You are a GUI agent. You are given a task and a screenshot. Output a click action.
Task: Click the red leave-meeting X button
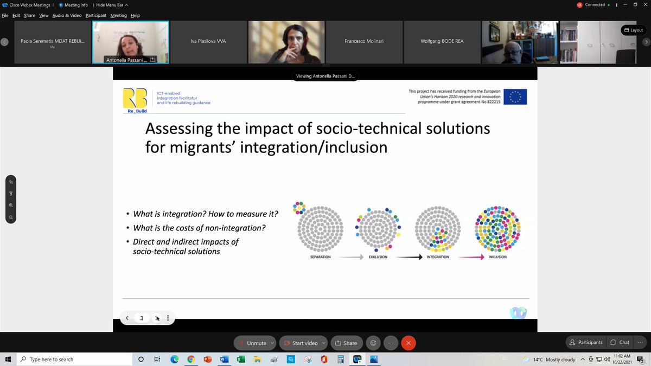(409, 343)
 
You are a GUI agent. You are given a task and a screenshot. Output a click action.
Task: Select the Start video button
(301, 343)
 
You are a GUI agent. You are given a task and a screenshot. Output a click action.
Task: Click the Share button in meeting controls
(346, 343)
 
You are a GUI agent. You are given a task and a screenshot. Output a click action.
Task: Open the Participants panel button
(585, 342)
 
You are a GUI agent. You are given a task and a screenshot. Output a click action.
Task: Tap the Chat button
(620, 342)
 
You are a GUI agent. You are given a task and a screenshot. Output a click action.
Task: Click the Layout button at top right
(633, 30)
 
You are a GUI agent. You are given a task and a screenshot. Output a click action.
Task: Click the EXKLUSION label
(378, 256)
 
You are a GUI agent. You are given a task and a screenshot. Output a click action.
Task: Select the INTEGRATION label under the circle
(437, 256)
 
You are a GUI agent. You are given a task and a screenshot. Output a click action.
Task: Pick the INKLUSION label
(497, 256)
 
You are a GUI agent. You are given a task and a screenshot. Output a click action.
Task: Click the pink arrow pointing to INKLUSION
(470, 257)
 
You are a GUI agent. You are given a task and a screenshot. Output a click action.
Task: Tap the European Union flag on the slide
(514, 97)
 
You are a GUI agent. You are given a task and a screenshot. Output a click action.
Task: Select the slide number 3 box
(142, 318)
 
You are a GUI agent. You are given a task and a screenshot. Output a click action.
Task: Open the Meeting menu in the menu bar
(118, 15)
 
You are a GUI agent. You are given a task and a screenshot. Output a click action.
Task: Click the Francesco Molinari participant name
(364, 41)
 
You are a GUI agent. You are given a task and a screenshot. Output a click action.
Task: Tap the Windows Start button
(8, 359)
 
